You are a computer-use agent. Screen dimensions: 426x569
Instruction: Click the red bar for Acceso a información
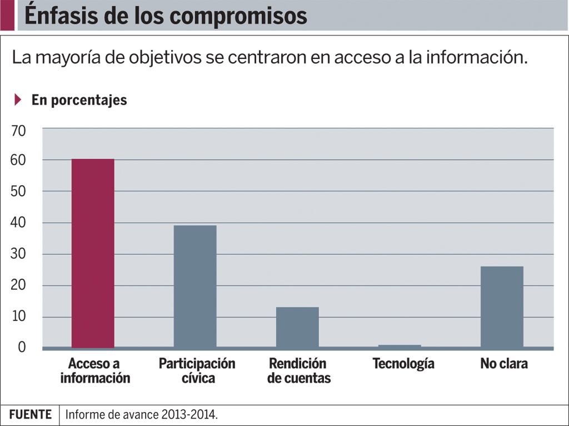point(93,253)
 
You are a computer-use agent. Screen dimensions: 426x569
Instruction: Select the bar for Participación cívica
point(195,286)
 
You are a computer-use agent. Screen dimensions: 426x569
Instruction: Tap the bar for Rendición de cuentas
point(297,327)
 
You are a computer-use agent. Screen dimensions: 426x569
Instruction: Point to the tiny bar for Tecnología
point(400,346)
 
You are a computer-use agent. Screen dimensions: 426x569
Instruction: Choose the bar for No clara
point(502,307)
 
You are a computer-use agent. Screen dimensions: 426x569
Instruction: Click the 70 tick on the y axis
point(18,131)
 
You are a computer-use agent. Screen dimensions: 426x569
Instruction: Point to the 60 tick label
point(18,160)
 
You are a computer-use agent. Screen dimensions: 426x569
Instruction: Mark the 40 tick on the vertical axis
point(18,223)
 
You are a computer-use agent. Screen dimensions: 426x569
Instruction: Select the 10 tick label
point(18,317)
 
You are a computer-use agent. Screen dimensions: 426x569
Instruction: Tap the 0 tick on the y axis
point(22,347)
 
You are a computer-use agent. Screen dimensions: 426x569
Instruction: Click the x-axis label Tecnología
point(403,364)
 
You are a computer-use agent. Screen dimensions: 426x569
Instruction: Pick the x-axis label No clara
point(504,364)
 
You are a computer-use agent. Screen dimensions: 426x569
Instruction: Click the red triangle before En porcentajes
point(18,100)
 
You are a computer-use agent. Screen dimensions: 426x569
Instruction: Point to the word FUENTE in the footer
point(30,415)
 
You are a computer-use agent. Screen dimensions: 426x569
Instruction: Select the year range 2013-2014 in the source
point(188,415)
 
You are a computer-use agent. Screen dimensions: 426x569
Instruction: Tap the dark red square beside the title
point(7,16)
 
